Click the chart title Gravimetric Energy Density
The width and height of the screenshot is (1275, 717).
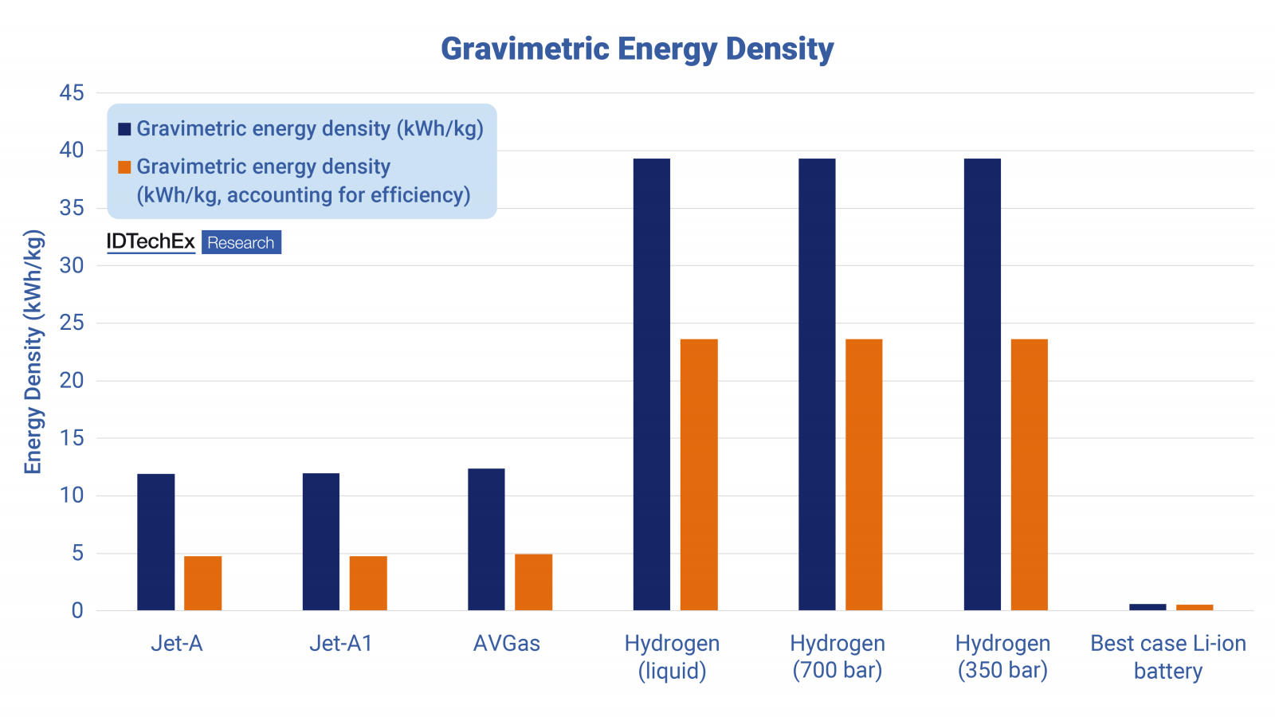coord(637,49)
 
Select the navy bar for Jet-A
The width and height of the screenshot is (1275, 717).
coord(155,542)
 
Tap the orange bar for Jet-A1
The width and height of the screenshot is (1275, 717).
coord(368,583)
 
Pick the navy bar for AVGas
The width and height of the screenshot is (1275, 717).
coord(486,539)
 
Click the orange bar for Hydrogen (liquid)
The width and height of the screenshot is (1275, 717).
coord(699,475)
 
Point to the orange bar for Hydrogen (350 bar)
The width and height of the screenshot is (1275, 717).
coord(1030,475)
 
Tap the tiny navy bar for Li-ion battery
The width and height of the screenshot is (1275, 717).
coord(1147,607)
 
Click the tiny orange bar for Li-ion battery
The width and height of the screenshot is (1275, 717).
coord(1195,608)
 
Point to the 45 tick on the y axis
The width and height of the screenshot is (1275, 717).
coord(72,93)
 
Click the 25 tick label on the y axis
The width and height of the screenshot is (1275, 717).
coord(72,323)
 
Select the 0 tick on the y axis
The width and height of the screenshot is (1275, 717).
coord(77,611)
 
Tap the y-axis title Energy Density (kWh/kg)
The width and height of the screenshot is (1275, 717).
coord(33,352)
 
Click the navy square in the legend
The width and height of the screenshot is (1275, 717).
coord(124,129)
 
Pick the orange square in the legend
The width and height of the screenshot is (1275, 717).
coord(124,167)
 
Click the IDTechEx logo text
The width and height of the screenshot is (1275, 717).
coord(151,242)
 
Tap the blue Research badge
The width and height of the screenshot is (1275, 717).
coord(241,243)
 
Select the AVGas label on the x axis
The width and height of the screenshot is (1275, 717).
coord(507,644)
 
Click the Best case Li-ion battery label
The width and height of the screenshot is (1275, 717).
coord(1168,656)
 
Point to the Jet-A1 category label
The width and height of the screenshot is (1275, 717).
coord(341,644)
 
